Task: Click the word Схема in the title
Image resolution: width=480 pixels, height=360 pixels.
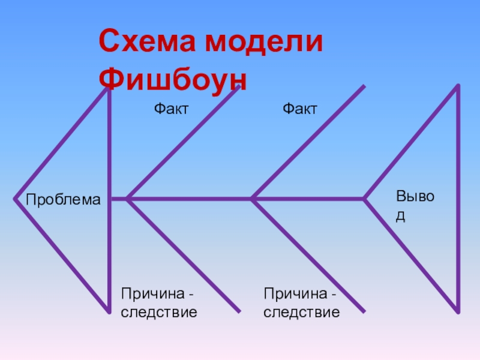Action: point(147,43)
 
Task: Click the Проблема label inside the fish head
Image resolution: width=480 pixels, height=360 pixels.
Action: point(63,200)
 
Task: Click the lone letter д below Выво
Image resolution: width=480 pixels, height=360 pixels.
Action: point(401,216)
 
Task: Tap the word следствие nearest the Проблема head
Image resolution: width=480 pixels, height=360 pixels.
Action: point(159,312)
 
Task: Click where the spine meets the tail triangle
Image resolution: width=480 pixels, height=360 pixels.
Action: point(364,198)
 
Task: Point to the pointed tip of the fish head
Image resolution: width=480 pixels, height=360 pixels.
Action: point(14,197)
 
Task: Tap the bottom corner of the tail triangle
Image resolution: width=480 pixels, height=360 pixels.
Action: point(458,311)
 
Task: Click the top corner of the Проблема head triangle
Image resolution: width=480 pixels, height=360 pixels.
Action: point(108,88)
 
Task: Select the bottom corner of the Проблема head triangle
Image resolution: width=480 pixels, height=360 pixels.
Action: point(108,311)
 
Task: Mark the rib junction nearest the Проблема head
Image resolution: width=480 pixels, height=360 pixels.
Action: point(128,198)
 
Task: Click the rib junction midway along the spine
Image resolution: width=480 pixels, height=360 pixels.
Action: point(253,198)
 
